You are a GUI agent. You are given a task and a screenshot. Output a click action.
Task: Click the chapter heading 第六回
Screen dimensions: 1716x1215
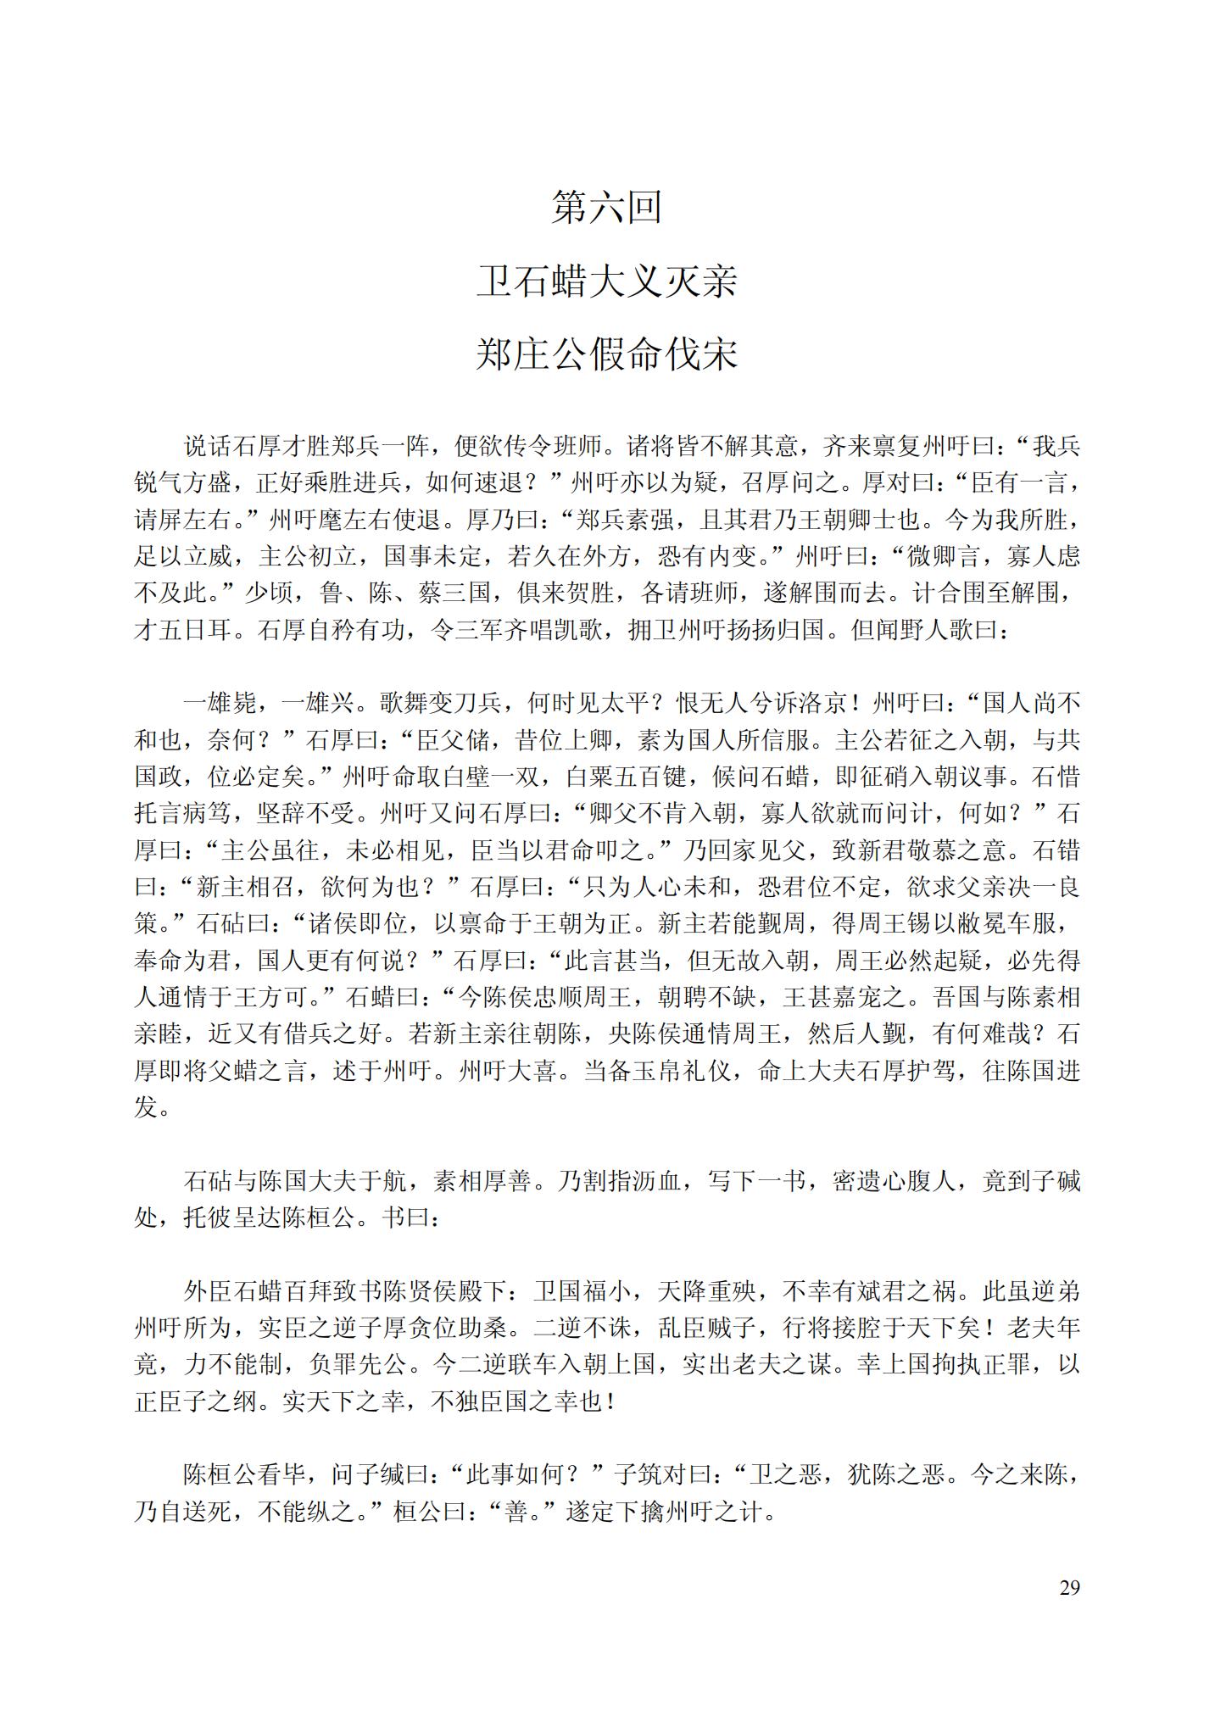coord(606,208)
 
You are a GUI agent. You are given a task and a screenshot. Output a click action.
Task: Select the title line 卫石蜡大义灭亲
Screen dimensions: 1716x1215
coord(606,281)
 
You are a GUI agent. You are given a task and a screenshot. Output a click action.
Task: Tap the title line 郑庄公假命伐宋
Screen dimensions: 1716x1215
coord(606,355)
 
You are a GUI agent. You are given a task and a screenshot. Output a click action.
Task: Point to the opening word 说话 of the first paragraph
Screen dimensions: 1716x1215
coord(208,447)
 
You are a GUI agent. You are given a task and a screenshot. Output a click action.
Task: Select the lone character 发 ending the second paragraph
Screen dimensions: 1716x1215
coord(146,1107)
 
